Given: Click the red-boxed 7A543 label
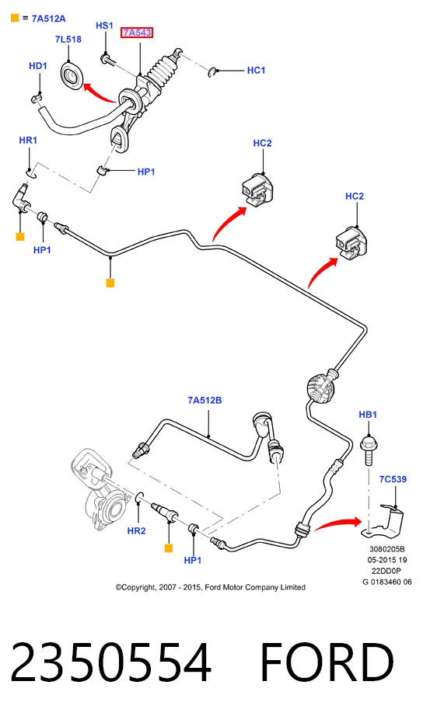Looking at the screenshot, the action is click(137, 33).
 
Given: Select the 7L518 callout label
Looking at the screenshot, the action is click(68, 39).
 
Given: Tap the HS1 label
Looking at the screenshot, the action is click(104, 26).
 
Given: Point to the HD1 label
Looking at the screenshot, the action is click(38, 66).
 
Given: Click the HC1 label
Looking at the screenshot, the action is click(257, 71).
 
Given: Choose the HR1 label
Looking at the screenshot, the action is click(28, 140).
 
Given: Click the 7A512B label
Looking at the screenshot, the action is click(205, 400).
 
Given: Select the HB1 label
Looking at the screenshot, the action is click(368, 415).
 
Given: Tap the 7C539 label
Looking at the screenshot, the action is click(393, 479).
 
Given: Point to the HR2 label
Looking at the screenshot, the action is click(136, 530).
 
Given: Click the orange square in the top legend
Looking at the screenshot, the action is click(15, 19).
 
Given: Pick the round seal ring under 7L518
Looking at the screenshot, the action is click(72, 75).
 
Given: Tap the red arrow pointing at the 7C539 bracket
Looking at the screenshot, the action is click(337, 523).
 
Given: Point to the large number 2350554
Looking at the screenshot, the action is click(111, 662).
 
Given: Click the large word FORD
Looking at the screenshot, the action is click(327, 662).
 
